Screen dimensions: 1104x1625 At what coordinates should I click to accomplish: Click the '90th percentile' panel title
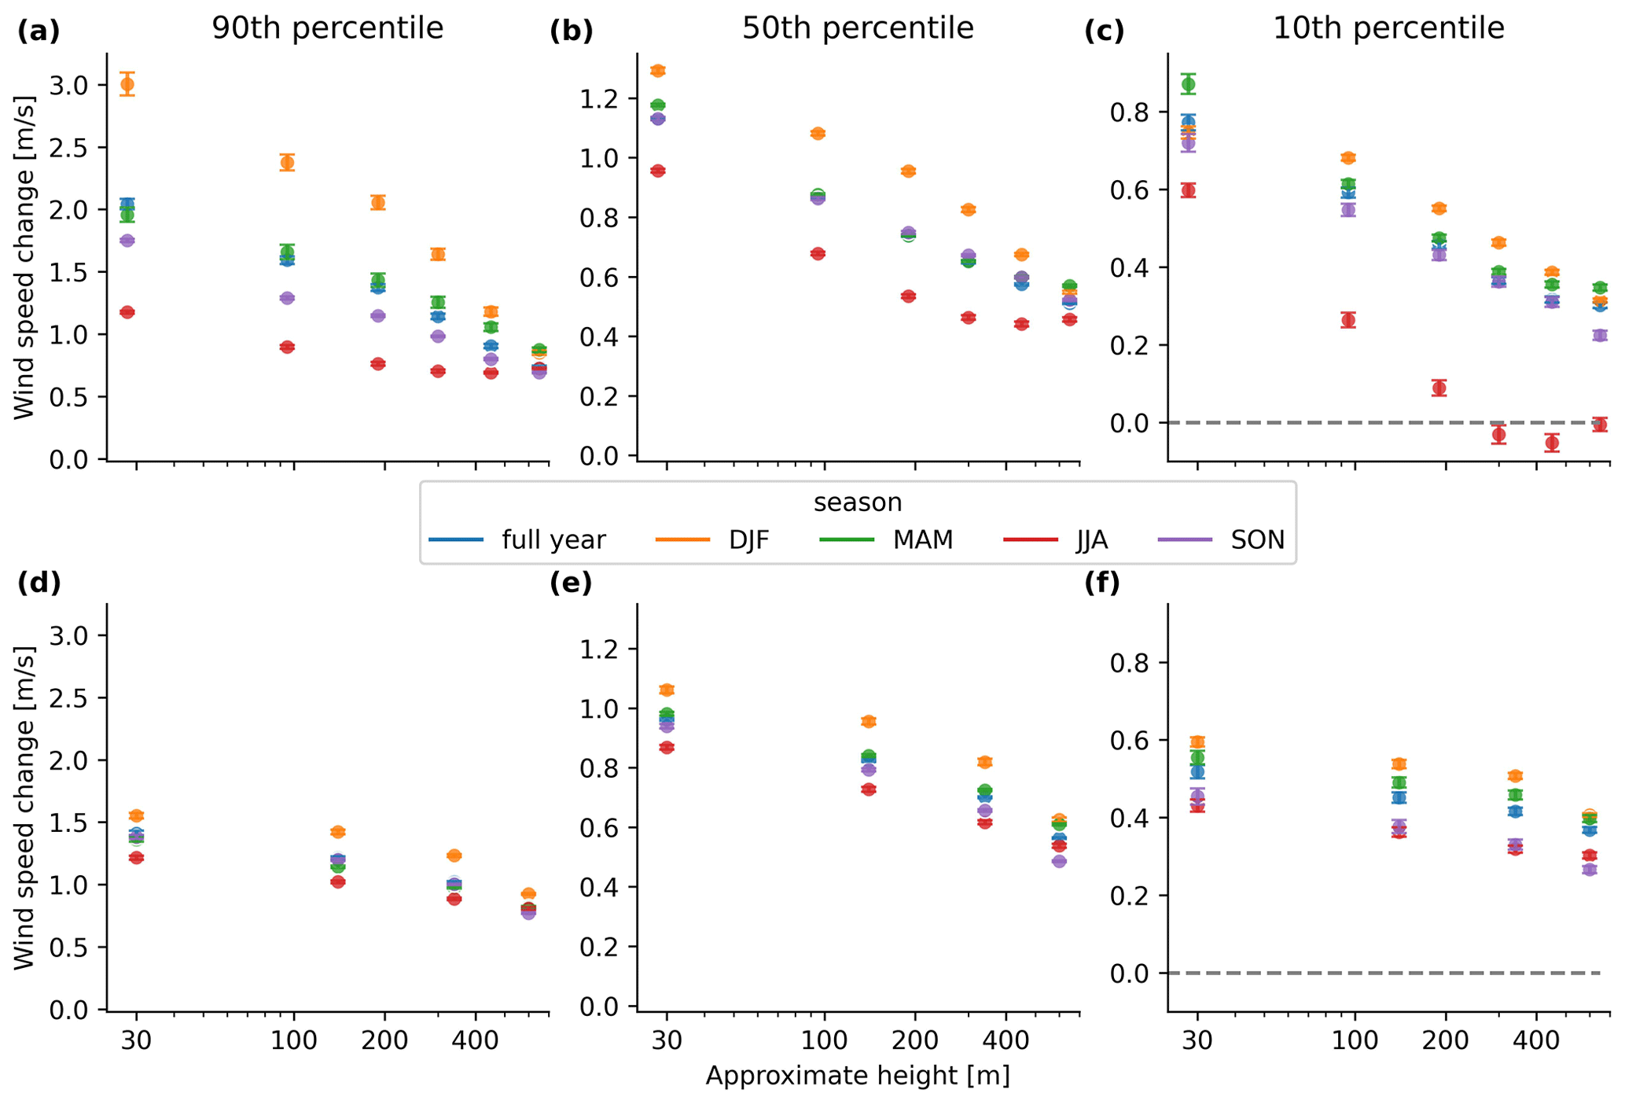tap(327, 28)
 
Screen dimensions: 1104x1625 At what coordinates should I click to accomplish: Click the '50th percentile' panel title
tap(858, 28)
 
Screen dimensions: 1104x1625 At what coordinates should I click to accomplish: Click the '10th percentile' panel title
tap(1388, 28)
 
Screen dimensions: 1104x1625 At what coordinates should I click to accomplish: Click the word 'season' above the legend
tap(858, 502)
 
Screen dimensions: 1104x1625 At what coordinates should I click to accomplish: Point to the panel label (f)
tap(1102, 583)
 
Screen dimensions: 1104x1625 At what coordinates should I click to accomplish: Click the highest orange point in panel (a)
tap(127, 84)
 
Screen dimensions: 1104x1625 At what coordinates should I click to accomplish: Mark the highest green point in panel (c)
tap(1188, 84)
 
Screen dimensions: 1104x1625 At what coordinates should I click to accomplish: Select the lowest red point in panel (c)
tap(1552, 443)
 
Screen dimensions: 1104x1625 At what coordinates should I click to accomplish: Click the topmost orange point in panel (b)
tap(658, 71)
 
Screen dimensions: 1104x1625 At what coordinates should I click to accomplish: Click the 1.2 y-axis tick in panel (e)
tap(598, 650)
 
